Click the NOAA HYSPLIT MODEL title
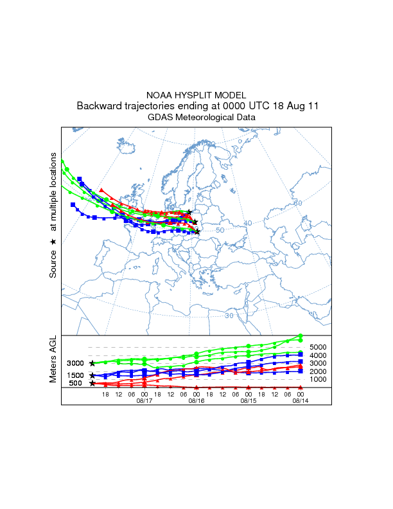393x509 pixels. tap(196, 94)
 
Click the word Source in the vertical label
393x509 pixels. tap(53, 264)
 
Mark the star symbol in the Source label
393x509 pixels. tap(53, 241)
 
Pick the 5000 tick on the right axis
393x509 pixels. tap(319, 347)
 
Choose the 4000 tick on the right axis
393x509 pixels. tap(319, 355)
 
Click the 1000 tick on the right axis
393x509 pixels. tap(319, 380)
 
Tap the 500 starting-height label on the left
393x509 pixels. tap(75, 384)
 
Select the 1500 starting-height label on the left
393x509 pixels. tap(75, 375)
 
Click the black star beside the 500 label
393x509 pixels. tap(92, 384)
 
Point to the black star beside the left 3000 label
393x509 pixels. tap(92, 364)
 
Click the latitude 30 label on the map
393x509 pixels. tap(230, 315)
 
